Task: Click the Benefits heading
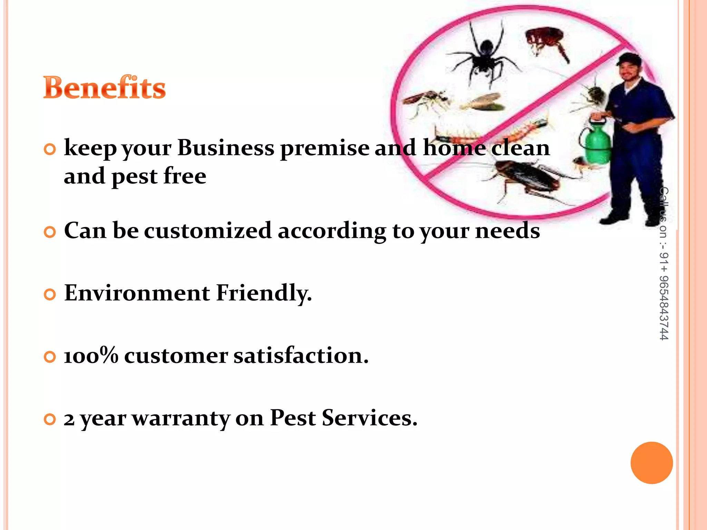[104, 88]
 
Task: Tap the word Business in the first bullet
[226, 148]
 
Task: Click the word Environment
[137, 293]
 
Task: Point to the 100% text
[91, 355]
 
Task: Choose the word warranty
[181, 418]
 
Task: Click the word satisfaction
[301, 355]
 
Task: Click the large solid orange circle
[651, 463]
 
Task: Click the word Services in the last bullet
[369, 418]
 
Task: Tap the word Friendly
[264, 293]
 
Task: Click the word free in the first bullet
[185, 176]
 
